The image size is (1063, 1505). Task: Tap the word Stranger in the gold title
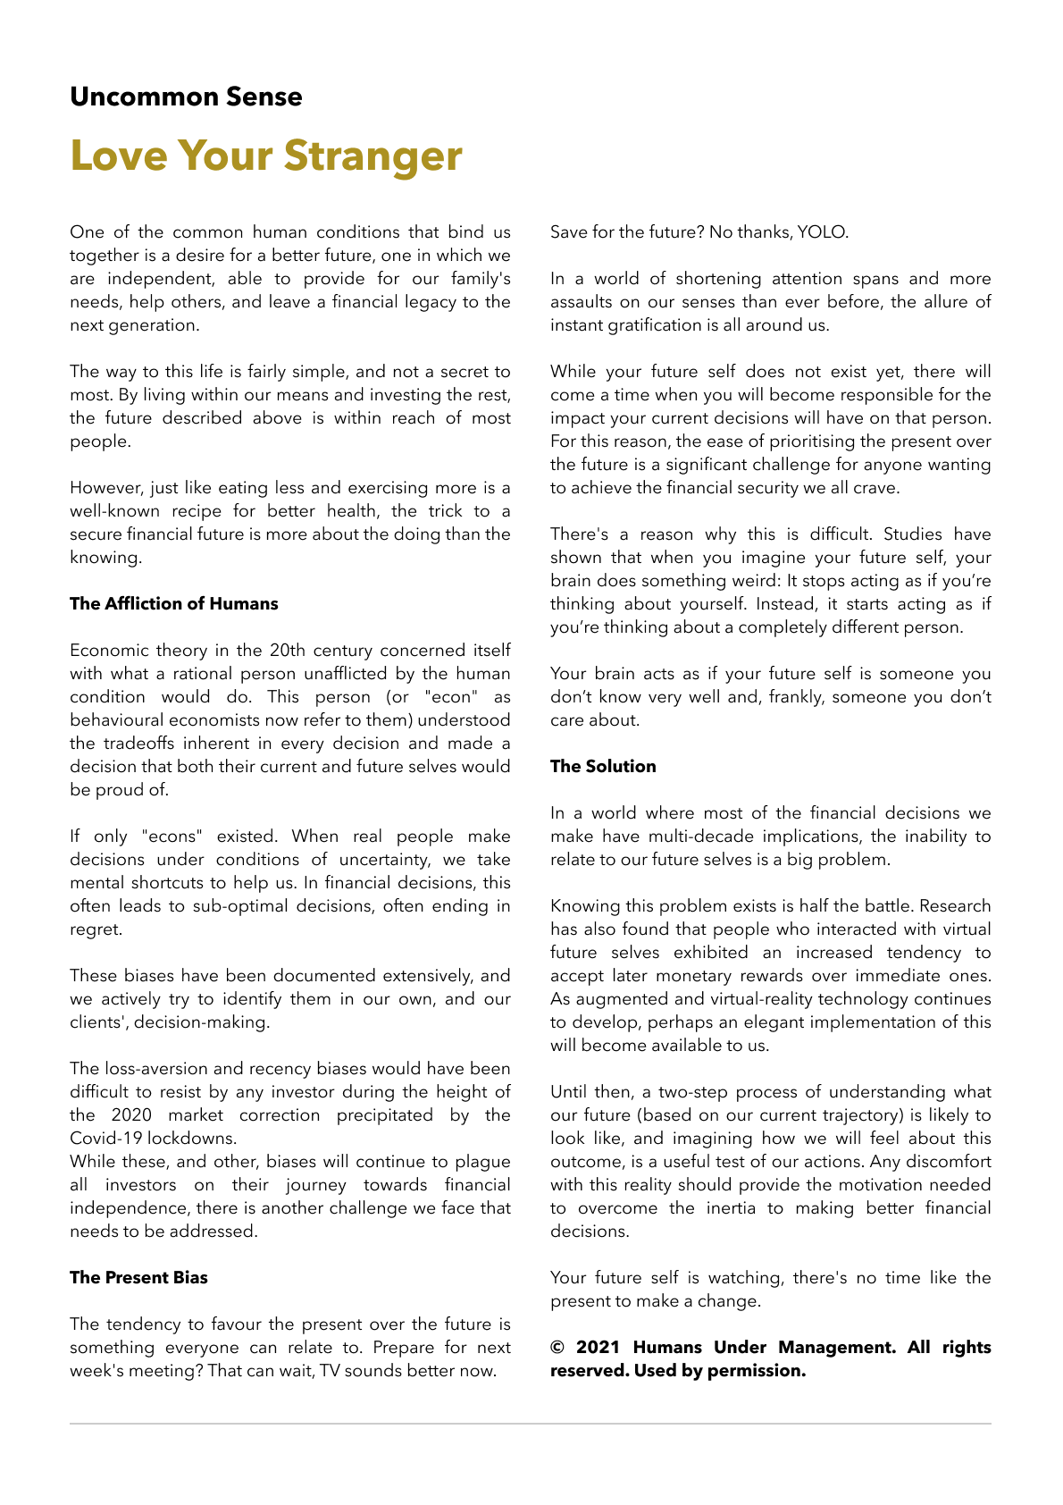(372, 156)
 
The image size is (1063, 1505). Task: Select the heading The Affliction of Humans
(174, 604)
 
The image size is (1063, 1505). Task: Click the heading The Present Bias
(138, 1278)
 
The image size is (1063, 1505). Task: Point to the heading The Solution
(603, 767)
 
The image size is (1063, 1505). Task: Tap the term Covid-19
(106, 1139)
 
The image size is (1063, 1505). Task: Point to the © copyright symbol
(557, 1348)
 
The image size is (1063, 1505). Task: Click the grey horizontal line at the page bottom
(531, 1424)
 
